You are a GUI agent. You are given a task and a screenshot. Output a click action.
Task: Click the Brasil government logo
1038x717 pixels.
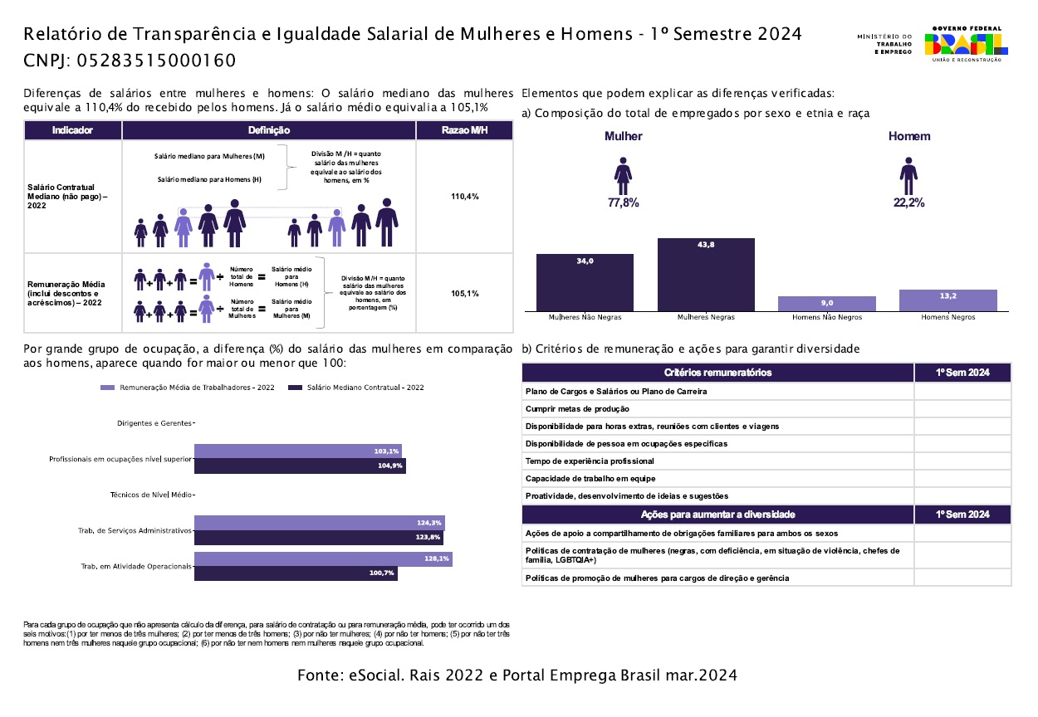966,44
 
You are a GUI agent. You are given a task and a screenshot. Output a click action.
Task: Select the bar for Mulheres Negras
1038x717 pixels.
706,275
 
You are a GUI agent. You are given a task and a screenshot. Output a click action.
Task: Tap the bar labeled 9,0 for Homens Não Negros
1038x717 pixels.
827,304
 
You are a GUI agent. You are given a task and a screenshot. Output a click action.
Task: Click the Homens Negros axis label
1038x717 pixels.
947,317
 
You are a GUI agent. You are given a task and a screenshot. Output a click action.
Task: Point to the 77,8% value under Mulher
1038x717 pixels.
624,202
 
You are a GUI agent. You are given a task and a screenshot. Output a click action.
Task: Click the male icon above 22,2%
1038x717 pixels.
908,176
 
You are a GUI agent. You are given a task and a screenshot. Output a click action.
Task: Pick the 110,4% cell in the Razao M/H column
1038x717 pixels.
465,197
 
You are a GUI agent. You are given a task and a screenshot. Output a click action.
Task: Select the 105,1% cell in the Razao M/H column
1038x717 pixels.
465,293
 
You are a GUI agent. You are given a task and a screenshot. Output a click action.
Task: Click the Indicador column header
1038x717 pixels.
73,130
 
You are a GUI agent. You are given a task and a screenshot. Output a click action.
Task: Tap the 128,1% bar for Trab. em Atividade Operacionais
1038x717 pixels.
324,558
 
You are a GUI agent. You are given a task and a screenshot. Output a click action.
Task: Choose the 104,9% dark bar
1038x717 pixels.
301,466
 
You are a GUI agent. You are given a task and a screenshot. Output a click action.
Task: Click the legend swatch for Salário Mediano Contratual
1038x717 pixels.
295,388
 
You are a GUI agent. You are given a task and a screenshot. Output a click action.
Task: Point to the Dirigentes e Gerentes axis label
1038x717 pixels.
154,423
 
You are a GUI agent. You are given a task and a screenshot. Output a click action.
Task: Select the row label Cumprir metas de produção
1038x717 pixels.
577,409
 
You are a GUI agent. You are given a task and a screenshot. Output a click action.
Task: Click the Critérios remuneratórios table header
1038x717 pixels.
717,373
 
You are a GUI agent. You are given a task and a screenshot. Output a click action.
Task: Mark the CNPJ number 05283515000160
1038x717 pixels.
156,61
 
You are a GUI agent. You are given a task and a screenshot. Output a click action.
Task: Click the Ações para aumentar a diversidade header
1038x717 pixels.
717,515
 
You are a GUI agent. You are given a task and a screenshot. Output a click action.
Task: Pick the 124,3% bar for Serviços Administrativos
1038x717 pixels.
320,523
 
